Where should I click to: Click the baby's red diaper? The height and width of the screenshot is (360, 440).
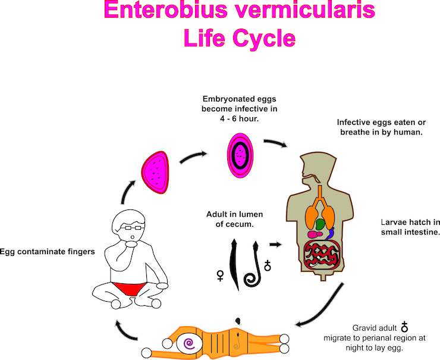(x=129, y=292)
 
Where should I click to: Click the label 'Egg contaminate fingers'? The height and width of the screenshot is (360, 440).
(x=48, y=252)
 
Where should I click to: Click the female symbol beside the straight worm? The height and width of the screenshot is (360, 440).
(x=222, y=276)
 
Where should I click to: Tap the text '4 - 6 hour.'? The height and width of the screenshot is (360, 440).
(x=240, y=119)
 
